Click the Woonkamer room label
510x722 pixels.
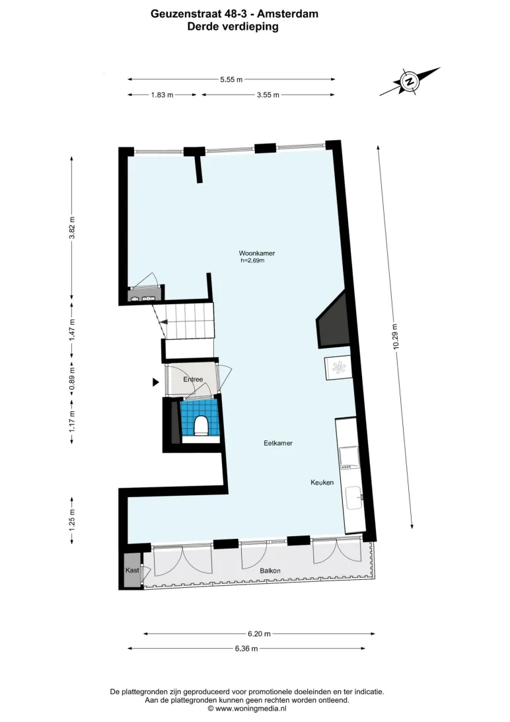coord(256,253)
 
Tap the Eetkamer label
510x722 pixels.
coord(278,443)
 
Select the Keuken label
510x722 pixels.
coord(322,482)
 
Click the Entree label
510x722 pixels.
coord(193,380)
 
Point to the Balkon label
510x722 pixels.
coord(270,571)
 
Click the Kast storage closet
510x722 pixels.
coord(132,570)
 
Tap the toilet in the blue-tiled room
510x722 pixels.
coord(201,426)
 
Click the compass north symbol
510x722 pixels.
coord(408,81)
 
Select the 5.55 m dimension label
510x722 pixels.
coord(231,79)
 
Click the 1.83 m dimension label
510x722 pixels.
coord(163,95)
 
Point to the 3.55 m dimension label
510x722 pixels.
coord(268,95)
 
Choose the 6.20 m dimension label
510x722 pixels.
coord(260,633)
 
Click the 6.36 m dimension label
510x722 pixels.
coord(246,649)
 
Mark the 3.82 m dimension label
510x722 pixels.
coord(72,228)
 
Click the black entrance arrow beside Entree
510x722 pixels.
coord(156,381)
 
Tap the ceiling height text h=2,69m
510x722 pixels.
coord(252,261)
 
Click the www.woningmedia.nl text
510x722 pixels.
coord(250,709)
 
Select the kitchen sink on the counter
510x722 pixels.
coord(353,499)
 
